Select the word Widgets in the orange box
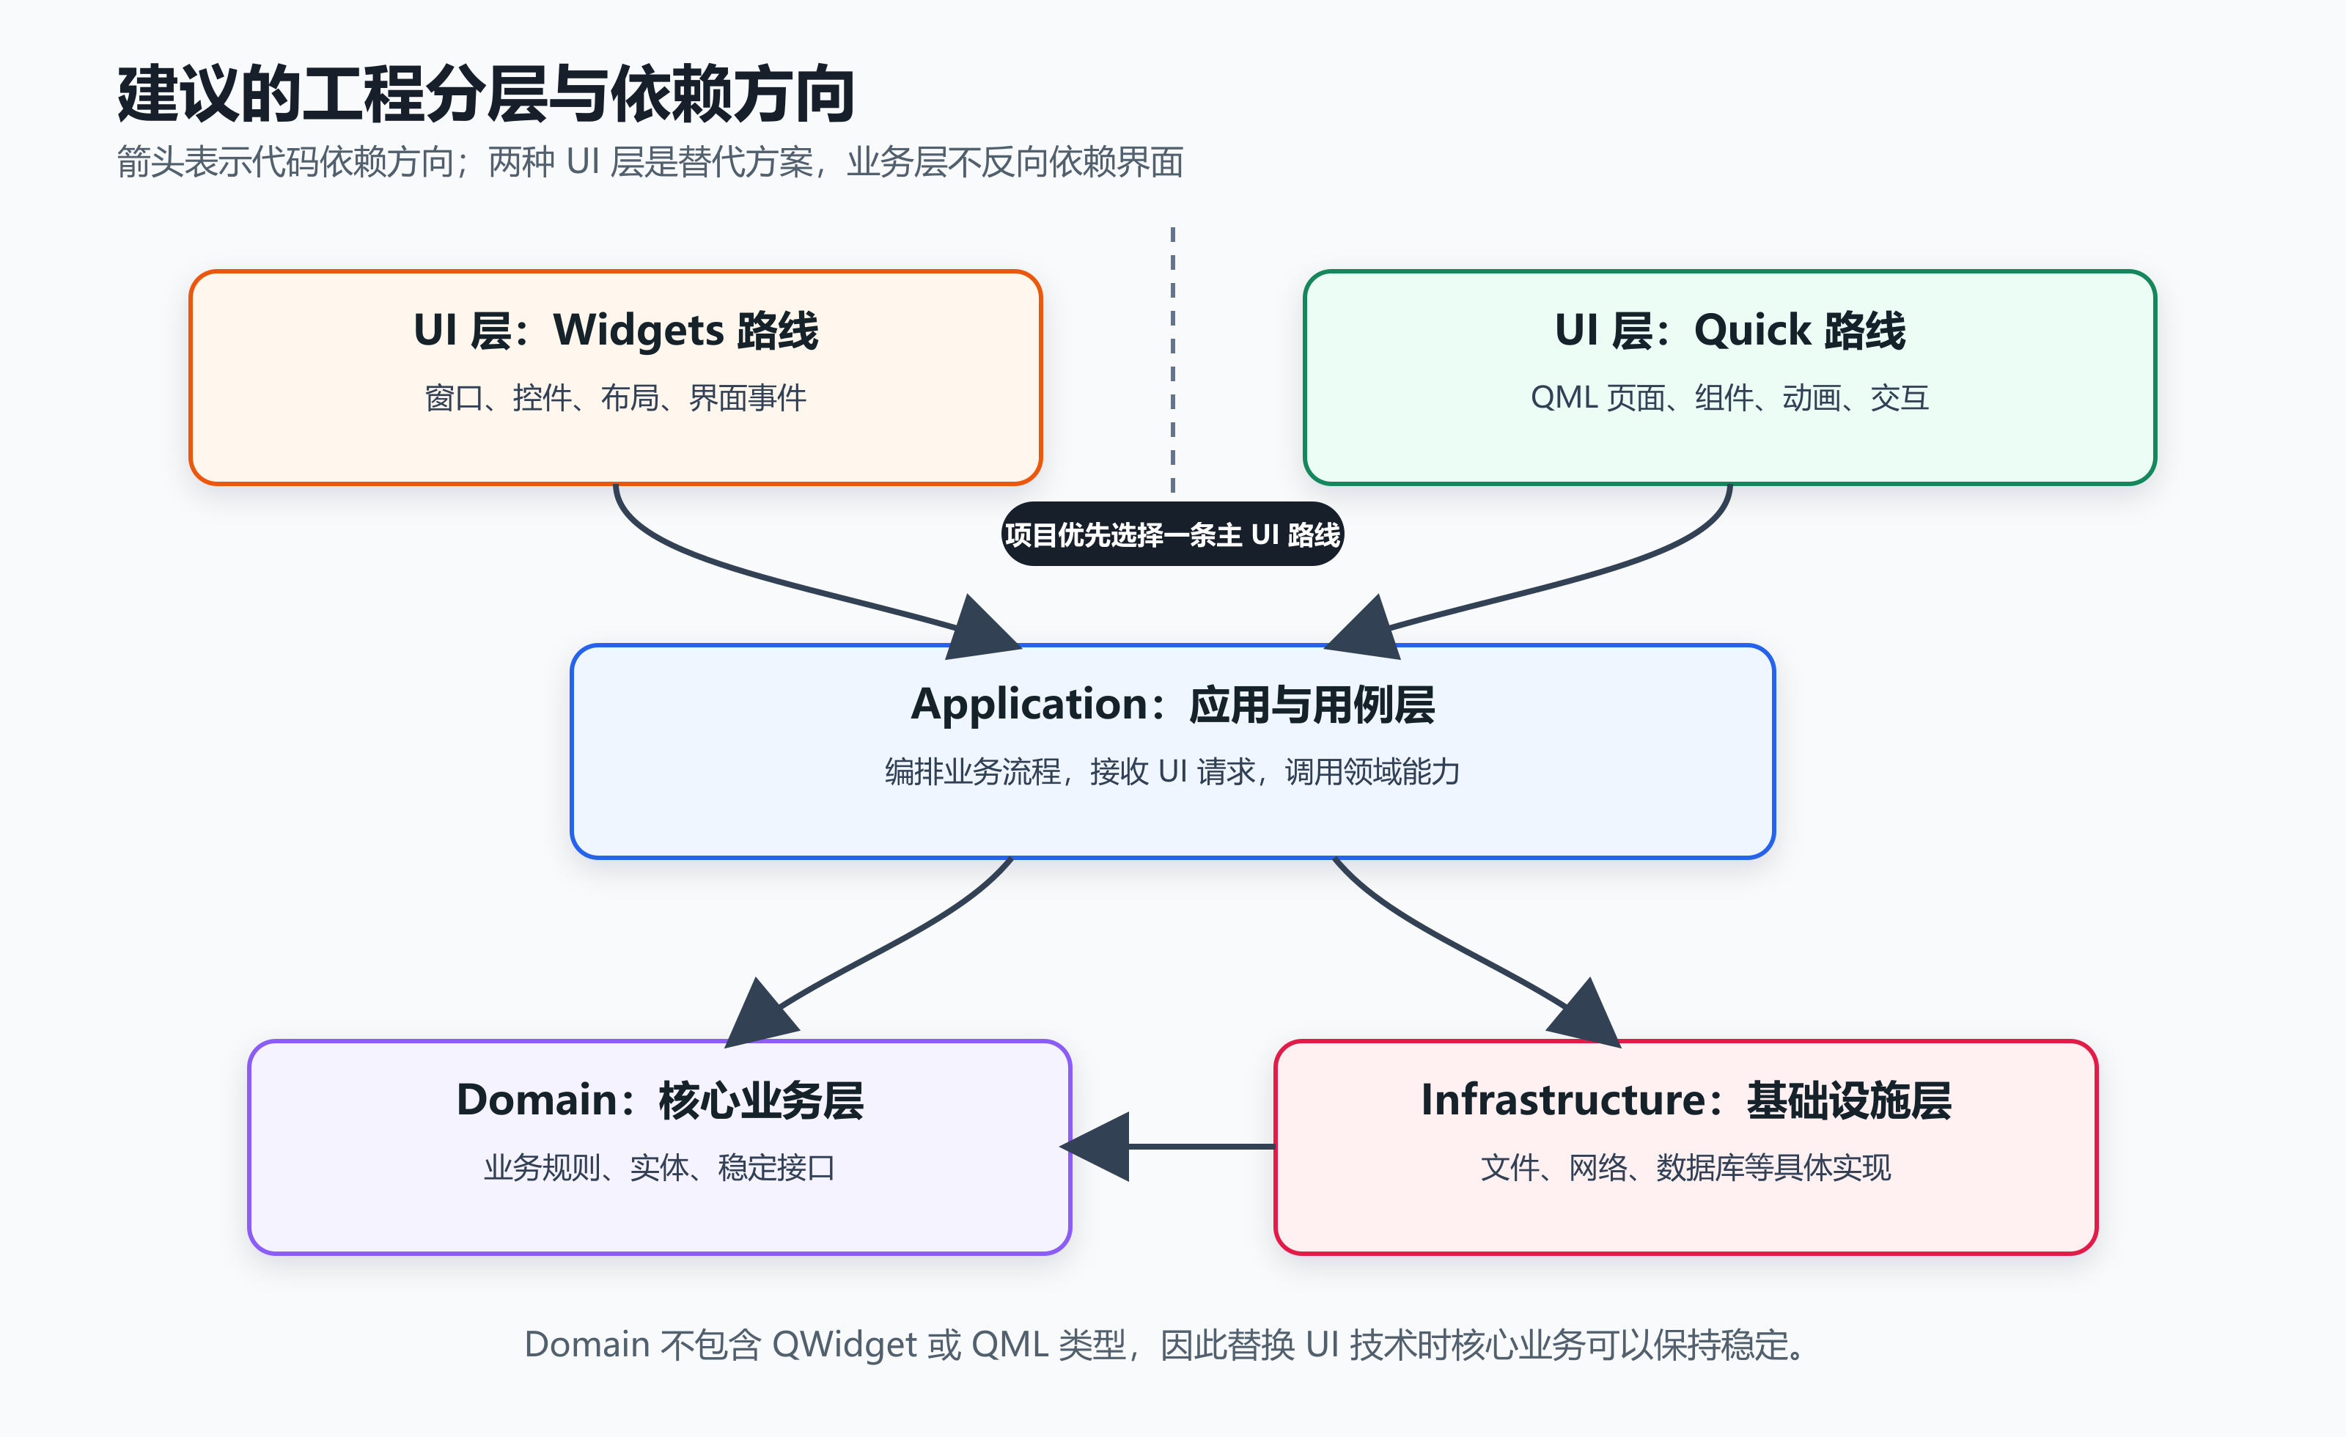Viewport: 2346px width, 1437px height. [639, 331]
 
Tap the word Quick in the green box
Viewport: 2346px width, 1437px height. [1752, 331]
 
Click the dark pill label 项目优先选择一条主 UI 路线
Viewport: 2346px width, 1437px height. [1172, 534]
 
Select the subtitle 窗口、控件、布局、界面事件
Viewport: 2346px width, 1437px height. [615, 398]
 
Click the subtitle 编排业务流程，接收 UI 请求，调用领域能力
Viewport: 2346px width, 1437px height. [1172, 771]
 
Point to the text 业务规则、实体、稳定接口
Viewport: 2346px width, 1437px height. [659, 1167]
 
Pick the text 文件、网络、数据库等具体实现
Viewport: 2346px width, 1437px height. [1685, 1167]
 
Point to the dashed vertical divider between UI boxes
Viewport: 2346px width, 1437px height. [1172, 360]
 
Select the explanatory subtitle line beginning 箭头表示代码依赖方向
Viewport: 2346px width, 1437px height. [650, 162]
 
